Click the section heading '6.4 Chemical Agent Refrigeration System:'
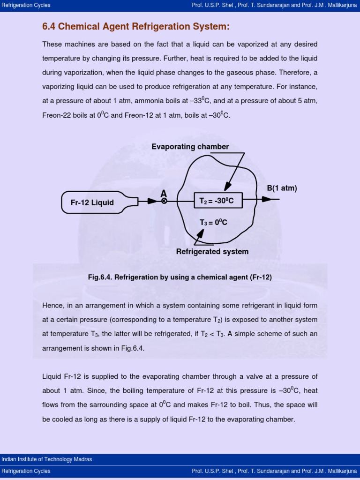pyautogui.click(x=136, y=27)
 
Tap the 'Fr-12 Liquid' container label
pyautogui.click(x=92, y=202)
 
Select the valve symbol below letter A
pyautogui.click(x=164, y=201)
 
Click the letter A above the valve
pyautogui.click(x=164, y=193)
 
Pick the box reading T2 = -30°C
pyautogui.click(x=217, y=201)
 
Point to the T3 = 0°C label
pyautogui.click(x=213, y=223)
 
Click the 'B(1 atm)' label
pyautogui.click(x=282, y=188)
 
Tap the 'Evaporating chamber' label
pyautogui.click(x=190, y=147)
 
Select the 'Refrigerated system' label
pyautogui.click(x=212, y=252)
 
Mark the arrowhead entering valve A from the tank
pyautogui.click(x=152, y=201)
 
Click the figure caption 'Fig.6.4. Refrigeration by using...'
pyautogui.click(x=180, y=277)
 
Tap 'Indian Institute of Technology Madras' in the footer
pyautogui.click(x=47, y=459)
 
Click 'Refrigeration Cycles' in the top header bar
pyautogui.click(x=26, y=5)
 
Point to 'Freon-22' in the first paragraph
pyautogui.click(x=56, y=115)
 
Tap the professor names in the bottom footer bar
pyautogui.click(x=274, y=471)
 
